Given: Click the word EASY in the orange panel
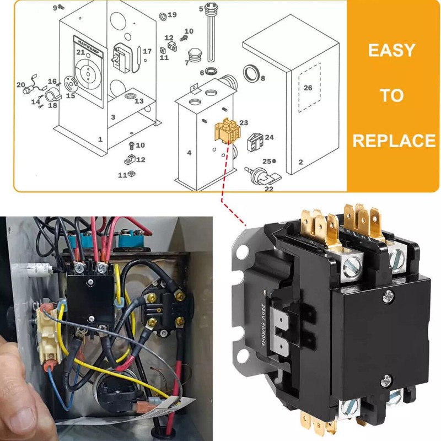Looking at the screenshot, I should [x=391, y=51].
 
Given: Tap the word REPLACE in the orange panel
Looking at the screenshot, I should [x=394, y=141].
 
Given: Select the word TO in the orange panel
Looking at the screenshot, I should [x=391, y=95].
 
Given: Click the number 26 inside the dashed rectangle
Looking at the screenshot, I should [x=308, y=88].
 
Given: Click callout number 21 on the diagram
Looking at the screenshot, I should [x=80, y=52].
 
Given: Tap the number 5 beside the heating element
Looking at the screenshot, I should [x=201, y=8].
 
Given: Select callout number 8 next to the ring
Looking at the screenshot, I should [x=262, y=78].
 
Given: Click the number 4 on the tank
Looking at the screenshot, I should [x=189, y=153].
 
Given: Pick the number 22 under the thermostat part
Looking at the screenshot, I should [x=269, y=189].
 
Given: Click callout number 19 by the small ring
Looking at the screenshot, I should [x=172, y=15].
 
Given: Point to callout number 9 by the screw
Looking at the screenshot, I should [x=55, y=8].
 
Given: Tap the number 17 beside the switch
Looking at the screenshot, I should [x=147, y=51].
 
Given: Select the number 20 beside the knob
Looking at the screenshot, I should [x=21, y=85].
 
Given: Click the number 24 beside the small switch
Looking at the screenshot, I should [x=269, y=137].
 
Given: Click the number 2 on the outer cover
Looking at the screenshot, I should [x=300, y=162].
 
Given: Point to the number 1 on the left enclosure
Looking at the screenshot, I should [x=100, y=139].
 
